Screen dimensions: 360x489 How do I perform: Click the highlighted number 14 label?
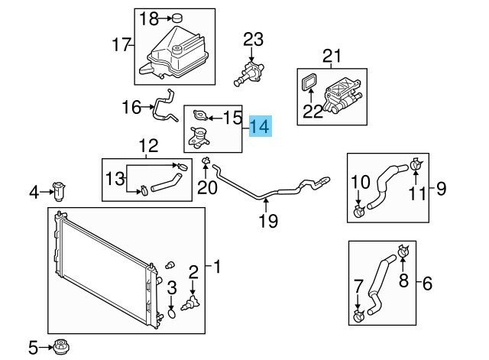[x=259, y=126]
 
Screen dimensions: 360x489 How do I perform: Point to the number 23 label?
[x=252, y=39]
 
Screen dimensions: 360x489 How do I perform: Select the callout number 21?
[x=329, y=55]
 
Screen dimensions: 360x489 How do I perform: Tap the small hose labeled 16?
[x=162, y=106]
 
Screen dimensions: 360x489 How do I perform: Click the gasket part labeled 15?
[x=201, y=116]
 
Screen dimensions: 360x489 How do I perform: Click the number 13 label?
[x=114, y=178]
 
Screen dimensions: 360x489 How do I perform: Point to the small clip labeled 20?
[x=206, y=161]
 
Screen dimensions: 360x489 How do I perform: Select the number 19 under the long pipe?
[x=265, y=222]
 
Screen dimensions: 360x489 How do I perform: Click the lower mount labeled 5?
[x=60, y=346]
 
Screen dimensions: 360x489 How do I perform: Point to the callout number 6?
[x=426, y=284]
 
